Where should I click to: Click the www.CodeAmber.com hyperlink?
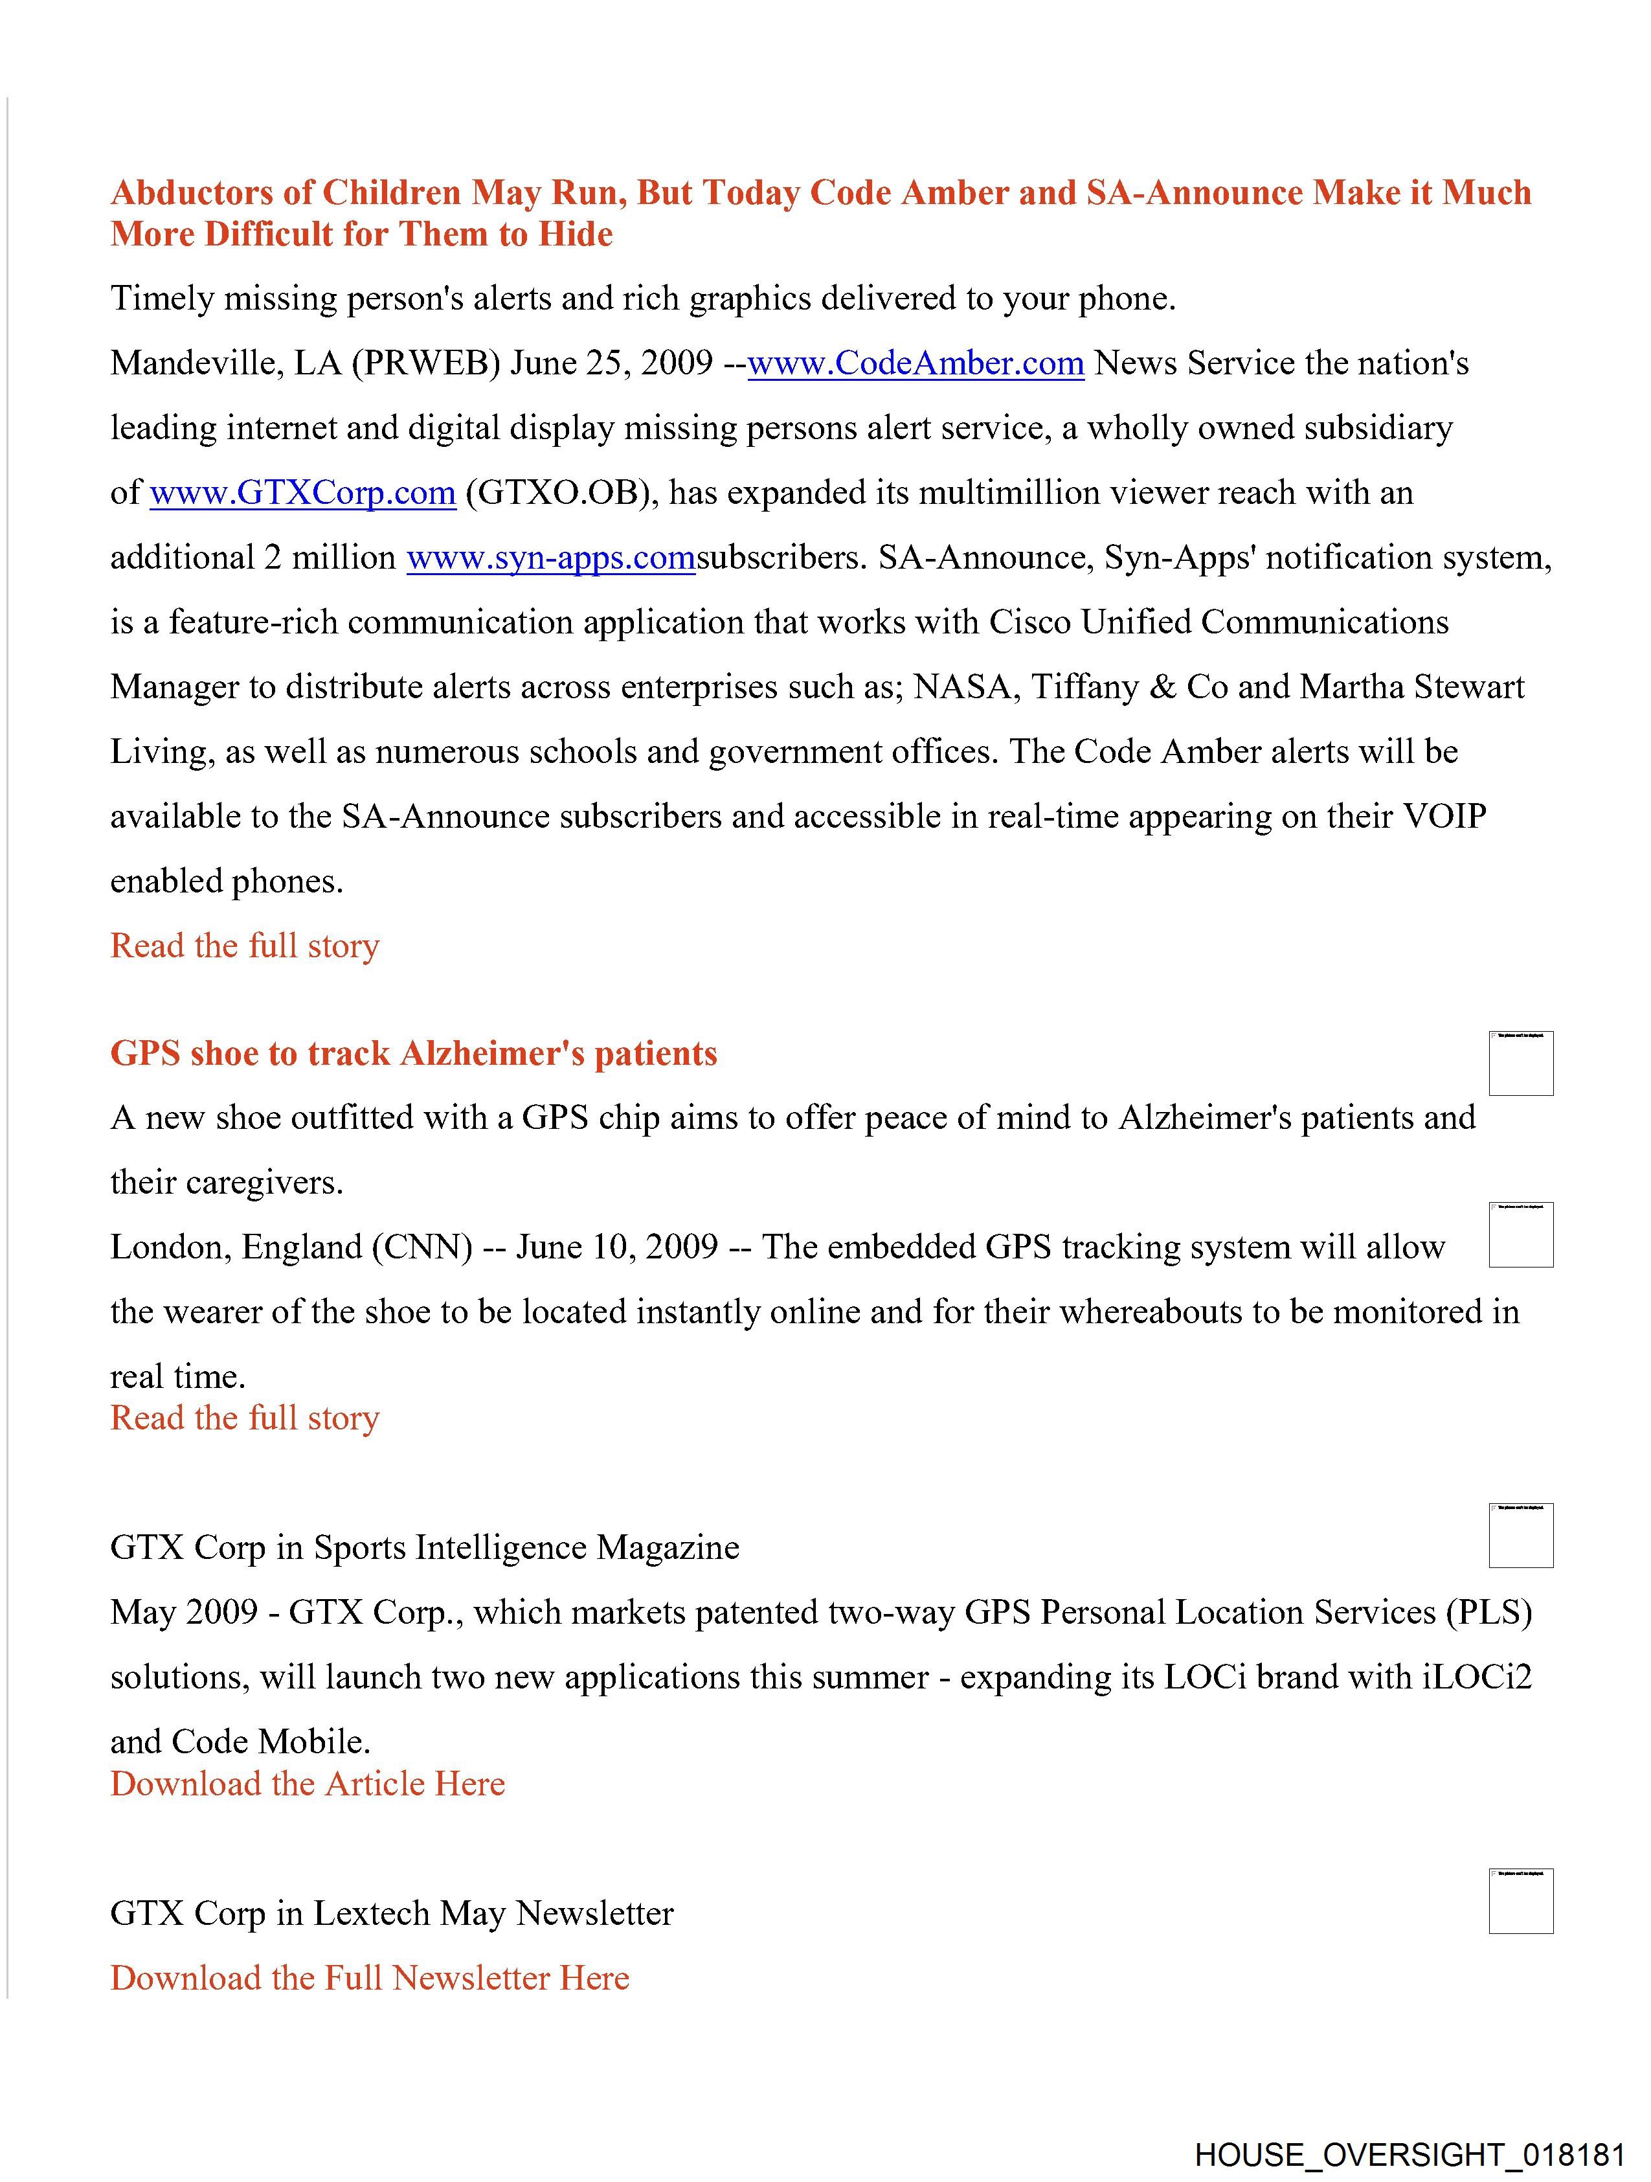915,364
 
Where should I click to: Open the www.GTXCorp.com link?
303,494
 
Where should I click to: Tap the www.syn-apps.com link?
550,558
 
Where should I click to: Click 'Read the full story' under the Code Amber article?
245,946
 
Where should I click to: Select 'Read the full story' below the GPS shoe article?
245,1418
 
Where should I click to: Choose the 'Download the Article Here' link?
307,1784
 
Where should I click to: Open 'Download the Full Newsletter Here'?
369,1978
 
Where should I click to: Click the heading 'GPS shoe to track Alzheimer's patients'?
413,1054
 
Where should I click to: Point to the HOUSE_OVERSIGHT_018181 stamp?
1410,2154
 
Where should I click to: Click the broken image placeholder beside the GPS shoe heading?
1521,1063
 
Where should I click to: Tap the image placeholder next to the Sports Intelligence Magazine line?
1521,1536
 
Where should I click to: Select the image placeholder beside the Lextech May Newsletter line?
1521,1901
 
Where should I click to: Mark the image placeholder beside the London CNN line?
1521,1235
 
